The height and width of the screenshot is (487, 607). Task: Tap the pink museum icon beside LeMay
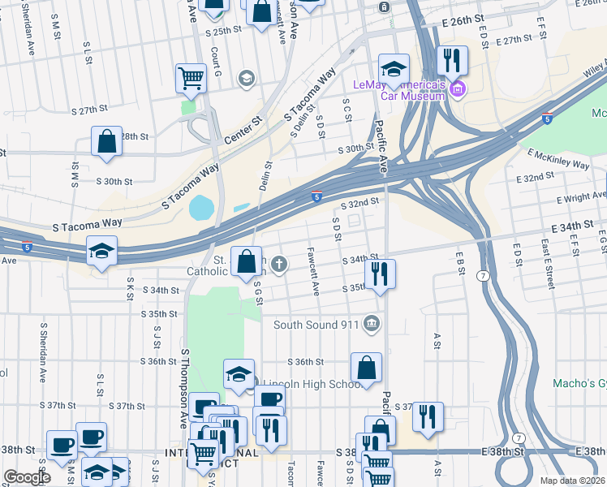click(457, 88)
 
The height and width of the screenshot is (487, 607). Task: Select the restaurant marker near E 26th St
click(450, 61)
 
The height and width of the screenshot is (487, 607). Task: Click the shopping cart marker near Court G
click(191, 79)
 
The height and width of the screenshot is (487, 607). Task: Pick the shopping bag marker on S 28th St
click(106, 141)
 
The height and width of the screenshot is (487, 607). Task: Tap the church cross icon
click(279, 263)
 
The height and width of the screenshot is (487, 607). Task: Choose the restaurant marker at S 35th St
click(380, 274)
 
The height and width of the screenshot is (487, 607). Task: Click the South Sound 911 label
click(316, 325)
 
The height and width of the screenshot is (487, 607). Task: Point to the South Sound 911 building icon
click(372, 324)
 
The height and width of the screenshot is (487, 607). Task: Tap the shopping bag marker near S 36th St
click(367, 367)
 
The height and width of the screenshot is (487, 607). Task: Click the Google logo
click(28, 477)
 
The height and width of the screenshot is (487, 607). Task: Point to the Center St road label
click(243, 130)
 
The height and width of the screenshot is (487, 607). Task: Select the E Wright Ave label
click(581, 197)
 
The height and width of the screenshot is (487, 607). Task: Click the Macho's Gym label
click(578, 382)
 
